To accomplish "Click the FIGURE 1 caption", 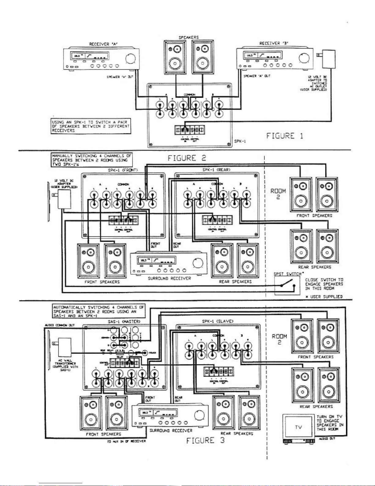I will [x=285, y=136].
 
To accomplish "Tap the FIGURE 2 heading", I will [x=186, y=158].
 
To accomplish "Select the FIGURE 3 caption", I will [x=205, y=440].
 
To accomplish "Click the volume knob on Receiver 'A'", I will [x=131, y=58].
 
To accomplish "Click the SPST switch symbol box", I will [x=287, y=285].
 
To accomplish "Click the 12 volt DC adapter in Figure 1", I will [x=328, y=59].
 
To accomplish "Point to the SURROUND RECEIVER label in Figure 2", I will [x=169, y=278].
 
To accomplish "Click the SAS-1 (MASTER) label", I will [x=124, y=322].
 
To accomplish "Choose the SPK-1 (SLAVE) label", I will [x=218, y=321].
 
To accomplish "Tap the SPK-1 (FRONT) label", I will [x=123, y=170].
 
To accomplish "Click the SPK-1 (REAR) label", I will [x=216, y=170].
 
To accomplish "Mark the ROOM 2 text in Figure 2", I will [x=278, y=194].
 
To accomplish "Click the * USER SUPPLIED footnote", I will [x=324, y=297].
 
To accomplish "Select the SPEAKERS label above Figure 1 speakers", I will [x=189, y=37].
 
